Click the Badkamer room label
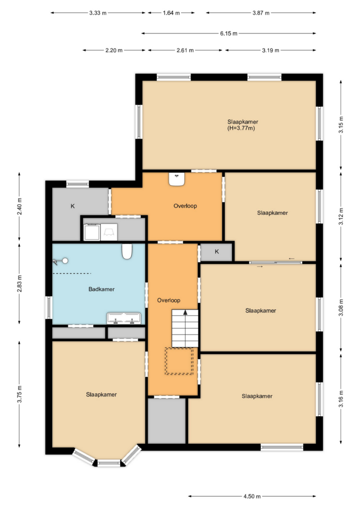click(x=102, y=289)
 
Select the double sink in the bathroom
click(x=124, y=318)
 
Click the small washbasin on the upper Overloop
click(x=177, y=179)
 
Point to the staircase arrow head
click(x=185, y=312)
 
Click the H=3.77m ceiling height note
click(x=241, y=128)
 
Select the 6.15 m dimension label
click(x=229, y=33)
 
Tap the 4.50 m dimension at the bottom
click(x=252, y=496)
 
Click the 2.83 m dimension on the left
click(x=19, y=283)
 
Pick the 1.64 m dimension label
click(x=171, y=13)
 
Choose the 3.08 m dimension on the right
click(x=341, y=308)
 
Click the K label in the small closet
click(x=217, y=252)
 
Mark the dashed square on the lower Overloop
click(x=179, y=361)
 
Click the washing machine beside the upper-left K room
click(x=92, y=232)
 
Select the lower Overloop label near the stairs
click(x=169, y=300)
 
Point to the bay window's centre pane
click(x=109, y=463)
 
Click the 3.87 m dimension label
click(x=261, y=13)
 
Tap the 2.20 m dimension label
click(x=114, y=50)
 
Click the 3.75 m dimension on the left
click(x=19, y=394)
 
